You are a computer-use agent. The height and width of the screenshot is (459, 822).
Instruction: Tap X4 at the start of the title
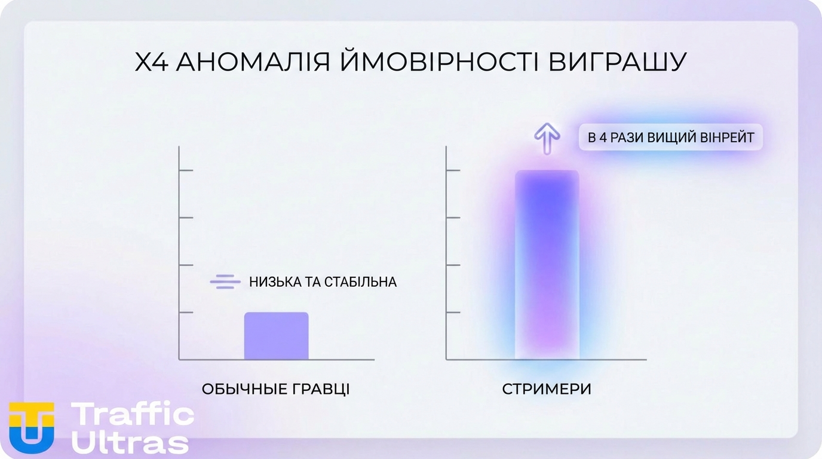(151, 62)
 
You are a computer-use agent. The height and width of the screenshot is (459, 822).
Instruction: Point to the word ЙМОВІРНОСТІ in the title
(430, 62)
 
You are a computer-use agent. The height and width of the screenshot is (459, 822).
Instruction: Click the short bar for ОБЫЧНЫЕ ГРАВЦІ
(276, 336)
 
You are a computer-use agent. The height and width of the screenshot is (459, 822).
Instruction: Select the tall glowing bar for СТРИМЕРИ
(547, 265)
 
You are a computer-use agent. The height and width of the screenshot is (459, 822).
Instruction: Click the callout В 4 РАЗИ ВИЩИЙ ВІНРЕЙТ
(670, 137)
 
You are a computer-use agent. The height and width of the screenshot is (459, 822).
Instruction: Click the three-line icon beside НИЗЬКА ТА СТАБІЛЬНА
(225, 281)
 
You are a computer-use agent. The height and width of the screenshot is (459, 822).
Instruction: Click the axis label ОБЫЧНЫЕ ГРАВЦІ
(275, 389)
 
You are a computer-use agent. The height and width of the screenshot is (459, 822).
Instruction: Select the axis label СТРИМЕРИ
(547, 389)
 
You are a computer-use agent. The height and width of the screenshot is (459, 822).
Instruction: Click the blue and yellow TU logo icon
(32, 426)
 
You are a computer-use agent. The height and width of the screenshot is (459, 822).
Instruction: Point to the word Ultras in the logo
(130, 442)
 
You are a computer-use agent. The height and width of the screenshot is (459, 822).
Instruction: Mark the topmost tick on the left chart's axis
(186, 170)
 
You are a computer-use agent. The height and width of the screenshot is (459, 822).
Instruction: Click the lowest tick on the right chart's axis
(453, 313)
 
